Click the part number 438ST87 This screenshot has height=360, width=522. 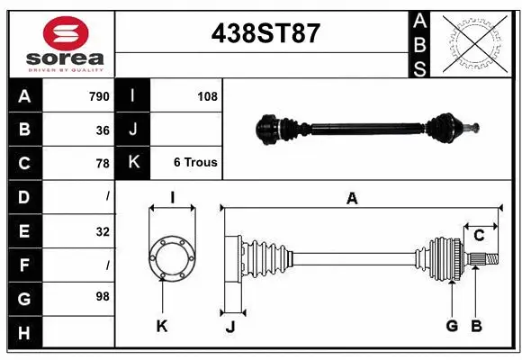pos(265,33)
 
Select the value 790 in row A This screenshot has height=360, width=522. pos(98,96)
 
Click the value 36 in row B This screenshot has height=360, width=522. pos(103,130)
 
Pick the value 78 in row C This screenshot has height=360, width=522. pos(103,164)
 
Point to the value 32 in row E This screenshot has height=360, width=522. pos(102,231)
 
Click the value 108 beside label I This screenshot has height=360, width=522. pos(206,96)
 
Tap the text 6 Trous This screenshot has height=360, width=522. pos(195,163)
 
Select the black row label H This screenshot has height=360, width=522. pos(23,332)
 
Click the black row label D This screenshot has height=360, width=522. pos(23,197)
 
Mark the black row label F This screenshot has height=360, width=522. pos(23,265)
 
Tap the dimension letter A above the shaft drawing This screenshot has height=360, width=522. pos(352,199)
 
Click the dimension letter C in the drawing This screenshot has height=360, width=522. pos(480,236)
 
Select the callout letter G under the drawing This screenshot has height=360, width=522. pos(452,326)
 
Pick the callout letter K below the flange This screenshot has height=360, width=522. pos(162,326)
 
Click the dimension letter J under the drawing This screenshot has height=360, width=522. pos(229,326)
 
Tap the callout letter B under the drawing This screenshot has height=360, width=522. pos(477,326)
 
